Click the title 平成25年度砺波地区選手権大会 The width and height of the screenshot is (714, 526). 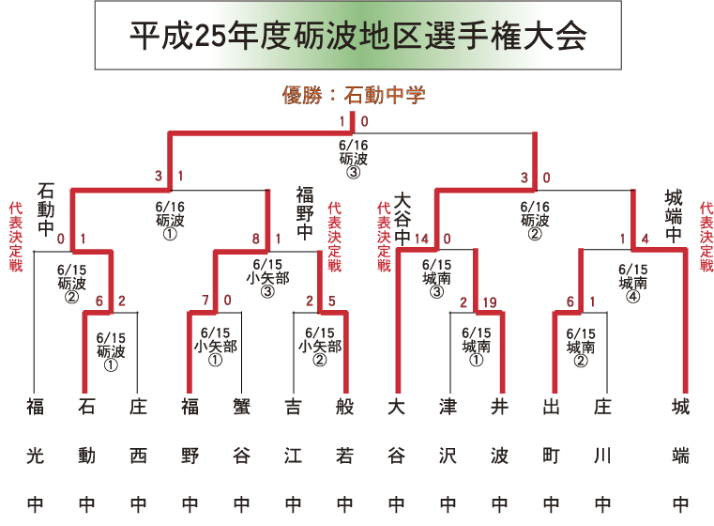click(x=358, y=36)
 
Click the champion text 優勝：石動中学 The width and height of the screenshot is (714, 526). click(x=354, y=95)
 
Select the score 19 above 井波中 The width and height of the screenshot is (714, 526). click(x=490, y=302)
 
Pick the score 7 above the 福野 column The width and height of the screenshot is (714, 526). click(x=205, y=302)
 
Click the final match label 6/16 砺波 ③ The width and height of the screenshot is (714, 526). click(x=352, y=159)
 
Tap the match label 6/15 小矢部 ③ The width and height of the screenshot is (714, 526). click(x=267, y=277)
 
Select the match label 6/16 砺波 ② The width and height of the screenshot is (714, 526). click(x=534, y=220)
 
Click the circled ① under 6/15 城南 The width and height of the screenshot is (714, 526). click(x=476, y=359)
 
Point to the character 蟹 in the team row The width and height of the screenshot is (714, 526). click(x=241, y=407)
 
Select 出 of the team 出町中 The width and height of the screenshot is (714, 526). click(x=551, y=407)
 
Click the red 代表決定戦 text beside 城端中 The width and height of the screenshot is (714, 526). click(x=706, y=235)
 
